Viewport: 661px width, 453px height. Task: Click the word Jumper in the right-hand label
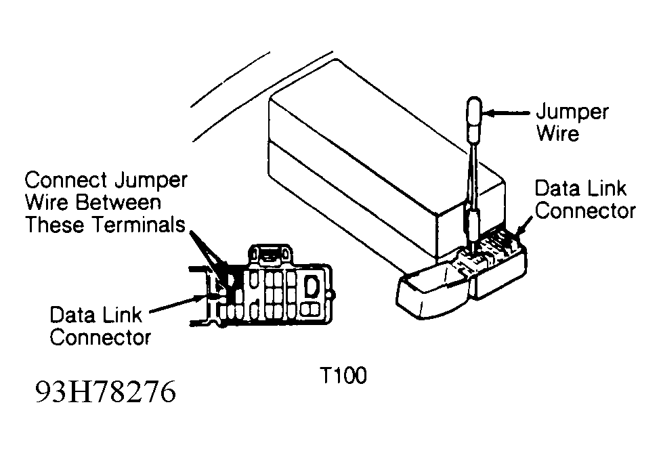pyautogui.click(x=572, y=112)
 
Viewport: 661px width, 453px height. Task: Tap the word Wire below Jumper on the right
pyautogui.click(x=557, y=133)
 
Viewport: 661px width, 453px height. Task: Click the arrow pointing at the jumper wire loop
pyautogui.click(x=506, y=113)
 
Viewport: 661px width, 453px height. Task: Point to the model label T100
pyautogui.click(x=344, y=375)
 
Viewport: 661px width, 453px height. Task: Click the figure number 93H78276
pyautogui.click(x=106, y=392)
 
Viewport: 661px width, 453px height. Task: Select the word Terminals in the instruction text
pyautogui.click(x=139, y=225)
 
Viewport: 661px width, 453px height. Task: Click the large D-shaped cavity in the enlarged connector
pyautogui.click(x=312, y=286)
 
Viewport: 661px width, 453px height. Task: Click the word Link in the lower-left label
pyautogui.click(x=122, y=315)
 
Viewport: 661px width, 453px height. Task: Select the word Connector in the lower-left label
pyautogui.click(x=100, y=337)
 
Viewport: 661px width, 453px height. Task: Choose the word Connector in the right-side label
pyautogui.click(x=585, y=211)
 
